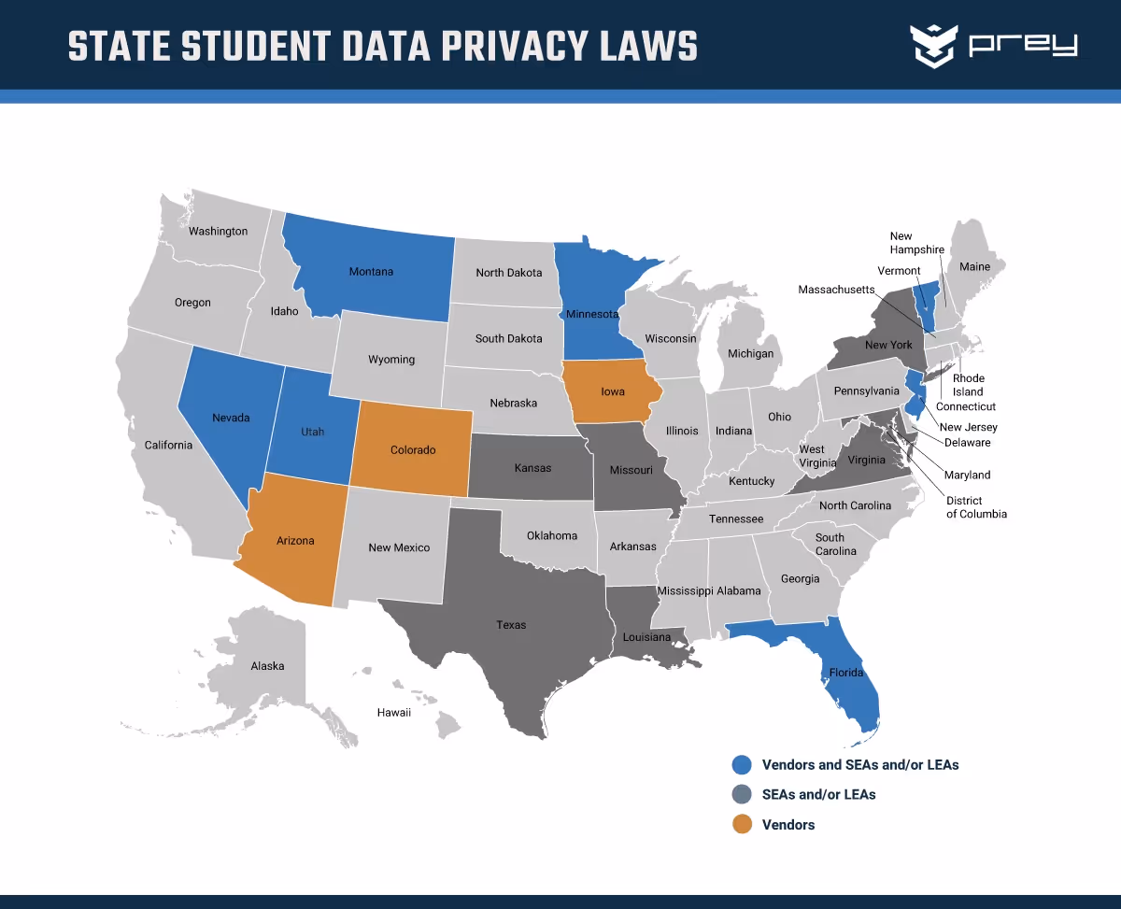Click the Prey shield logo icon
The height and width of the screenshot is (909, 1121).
point(934,45)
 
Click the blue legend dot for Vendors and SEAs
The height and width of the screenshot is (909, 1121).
point(742,765)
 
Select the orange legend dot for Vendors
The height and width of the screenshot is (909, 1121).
point(742,825)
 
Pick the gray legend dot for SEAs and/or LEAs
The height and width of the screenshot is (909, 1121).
point(742,795)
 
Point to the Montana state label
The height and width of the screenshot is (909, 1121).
point(371,272)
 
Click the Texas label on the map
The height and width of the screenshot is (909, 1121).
point(511,625)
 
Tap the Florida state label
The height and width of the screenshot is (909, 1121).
point(846,673)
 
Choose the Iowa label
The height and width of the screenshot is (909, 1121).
point(613,391)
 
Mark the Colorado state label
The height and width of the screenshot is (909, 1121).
point(413,450)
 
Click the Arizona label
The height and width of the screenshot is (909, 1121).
point(295,541)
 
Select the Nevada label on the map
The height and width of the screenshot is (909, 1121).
point(231,418)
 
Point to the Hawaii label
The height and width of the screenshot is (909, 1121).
point(394,713)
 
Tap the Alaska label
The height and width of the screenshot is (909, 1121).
point(267,666)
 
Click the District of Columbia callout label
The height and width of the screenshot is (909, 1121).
point(976,507)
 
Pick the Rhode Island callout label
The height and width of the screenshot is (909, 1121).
point(968,385)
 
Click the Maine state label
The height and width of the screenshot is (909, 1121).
point(974,267)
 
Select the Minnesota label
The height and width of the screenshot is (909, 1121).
point(592,314)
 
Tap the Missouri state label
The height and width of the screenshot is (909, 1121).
point(631,470)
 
